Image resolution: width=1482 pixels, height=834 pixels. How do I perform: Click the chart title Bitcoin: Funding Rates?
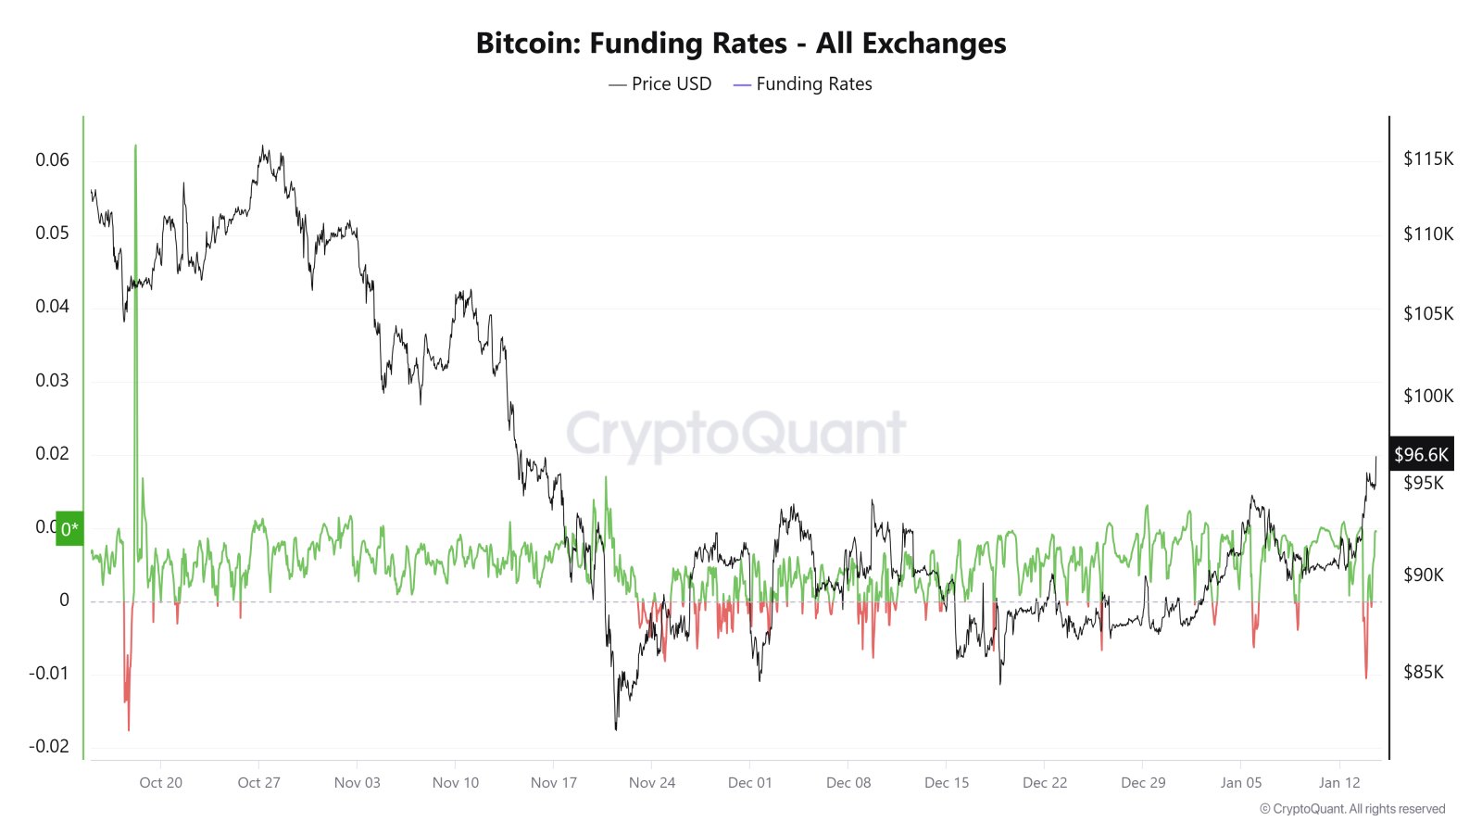[740, 44]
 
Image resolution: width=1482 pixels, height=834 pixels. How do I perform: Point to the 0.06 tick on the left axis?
[52, 159]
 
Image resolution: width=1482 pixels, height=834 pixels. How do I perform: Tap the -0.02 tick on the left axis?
[48, 746]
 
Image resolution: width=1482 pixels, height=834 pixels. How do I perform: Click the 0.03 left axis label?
[52, 380]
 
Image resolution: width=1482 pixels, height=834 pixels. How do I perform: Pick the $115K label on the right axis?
[1428, 158]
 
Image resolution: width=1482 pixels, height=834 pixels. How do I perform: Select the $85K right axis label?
[1424, 672]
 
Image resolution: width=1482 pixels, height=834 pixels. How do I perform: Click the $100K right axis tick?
[1428, 396]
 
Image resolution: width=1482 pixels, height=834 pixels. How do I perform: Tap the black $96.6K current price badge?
[1421, 454]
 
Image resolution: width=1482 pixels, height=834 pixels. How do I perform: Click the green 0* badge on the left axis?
[69, 529]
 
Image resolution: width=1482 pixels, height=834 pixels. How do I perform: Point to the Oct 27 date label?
[258, 782]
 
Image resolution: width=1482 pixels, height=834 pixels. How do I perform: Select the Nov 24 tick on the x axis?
[652, 782]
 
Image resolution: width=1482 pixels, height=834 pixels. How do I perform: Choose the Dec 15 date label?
[947, 782]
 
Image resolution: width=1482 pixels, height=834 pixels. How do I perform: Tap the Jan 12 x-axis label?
[1339, 782]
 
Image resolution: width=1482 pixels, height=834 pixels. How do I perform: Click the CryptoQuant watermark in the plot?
[735, 434]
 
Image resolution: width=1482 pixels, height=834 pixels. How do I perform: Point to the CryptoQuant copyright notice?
[1352, 809]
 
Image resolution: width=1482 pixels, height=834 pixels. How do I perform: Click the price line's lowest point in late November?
[616, 728]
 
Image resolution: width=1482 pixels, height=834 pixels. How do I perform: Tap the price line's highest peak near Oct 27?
[263, 146]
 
